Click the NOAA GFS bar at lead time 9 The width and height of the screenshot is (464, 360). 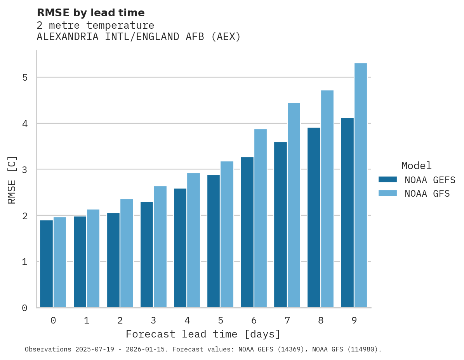[x=361, y=185]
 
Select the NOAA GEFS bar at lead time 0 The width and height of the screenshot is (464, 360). [x=47, y=264]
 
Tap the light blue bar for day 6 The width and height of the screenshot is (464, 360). [x=261, y=218]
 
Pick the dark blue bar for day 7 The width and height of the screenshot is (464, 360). [x=280, y=225]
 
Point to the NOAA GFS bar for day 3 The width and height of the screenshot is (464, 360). [x=160, y=247]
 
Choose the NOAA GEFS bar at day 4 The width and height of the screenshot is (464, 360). [x=180, y=248]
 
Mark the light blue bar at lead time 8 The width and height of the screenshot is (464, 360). [x=327, y=199]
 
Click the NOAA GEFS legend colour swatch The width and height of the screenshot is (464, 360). [x=388, y=180]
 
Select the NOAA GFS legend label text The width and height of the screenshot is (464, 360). [x=427, y=194]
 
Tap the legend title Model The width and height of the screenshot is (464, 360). [x=416, y=166]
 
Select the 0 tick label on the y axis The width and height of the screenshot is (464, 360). [x=24, y=308]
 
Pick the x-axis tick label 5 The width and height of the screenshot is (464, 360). [x=221, y=320]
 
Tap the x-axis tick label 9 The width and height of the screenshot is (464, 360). [x=354, y=320]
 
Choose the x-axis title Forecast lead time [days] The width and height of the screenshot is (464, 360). [x=203, y=334]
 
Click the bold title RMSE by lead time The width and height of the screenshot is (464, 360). [x=91, y=13]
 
